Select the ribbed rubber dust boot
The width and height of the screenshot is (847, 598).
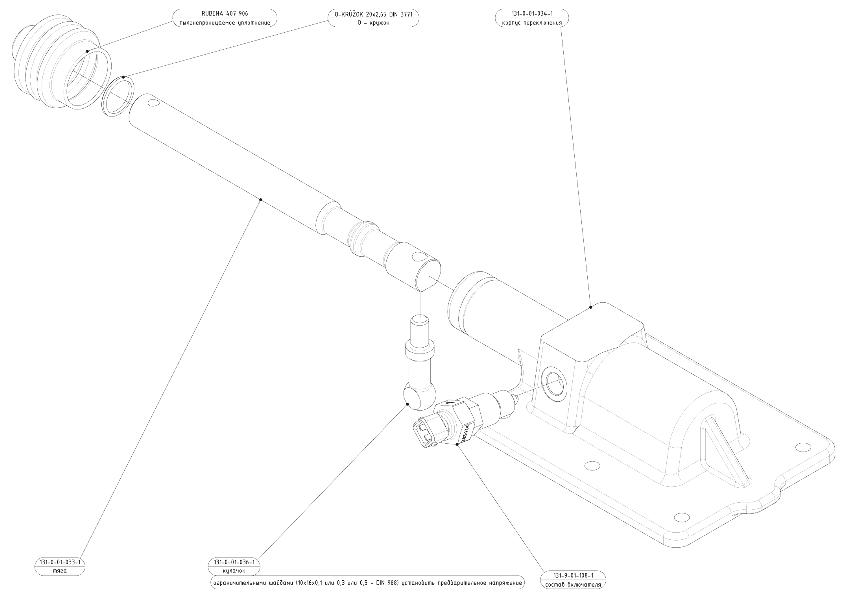pos(55,63)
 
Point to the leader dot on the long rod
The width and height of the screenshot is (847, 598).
pos(260,200)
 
